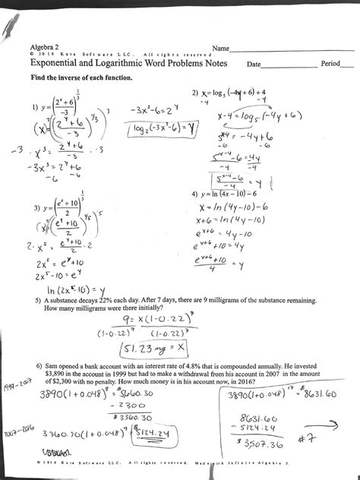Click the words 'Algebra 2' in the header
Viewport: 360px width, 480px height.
click(x=43, y=47)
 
